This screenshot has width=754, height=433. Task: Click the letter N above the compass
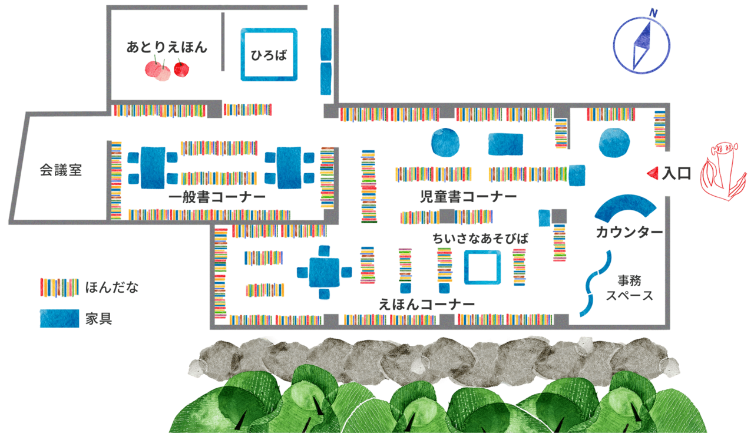pyautogui.click(x=653, y=13)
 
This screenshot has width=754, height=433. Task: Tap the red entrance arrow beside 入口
pyautogui.click(x=653, y=173)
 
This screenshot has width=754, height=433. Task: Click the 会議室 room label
pyautogui.click(x=61, y=170)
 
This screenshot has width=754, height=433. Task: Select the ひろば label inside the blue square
pyautogui.click(x=269, y=55)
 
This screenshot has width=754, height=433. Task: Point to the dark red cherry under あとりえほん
pyautogui.click(x=181, y=70)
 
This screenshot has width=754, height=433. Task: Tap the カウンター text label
pyautogui.click(x=629, y=232)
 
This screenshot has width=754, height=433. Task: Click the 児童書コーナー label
pyautogui.click(x=468, y=197)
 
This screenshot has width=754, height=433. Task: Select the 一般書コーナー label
pyautogui.click(x=217, y=197)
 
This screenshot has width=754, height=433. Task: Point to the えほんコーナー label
pyautogui.click(x=426, y=305)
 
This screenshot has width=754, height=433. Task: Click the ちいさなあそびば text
pyautogui.click(x=480, y=239)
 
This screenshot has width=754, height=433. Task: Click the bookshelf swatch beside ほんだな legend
pyautogui.click(x=59, y=287)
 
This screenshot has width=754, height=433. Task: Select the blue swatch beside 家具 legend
pyautogui.click(x=59, y=319)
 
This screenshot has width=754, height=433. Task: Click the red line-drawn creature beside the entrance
pyautogui.click(x=720, y=171)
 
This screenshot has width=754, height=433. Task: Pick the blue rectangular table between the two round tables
pyautogui.click(x=505, y=144)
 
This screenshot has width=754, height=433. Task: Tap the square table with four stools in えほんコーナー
pyautogui.click(x=324, y=272)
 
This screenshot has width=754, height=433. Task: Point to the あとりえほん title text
pyautogui.click(x=167, y=47)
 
